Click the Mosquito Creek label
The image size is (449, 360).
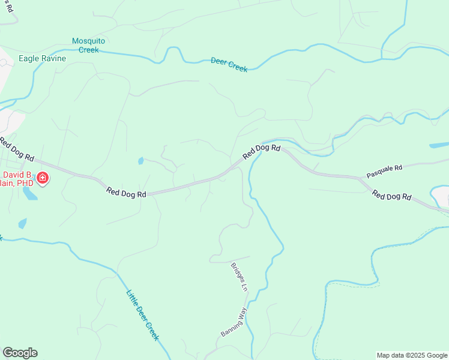point(88,45)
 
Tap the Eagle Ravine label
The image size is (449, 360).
point(42,59)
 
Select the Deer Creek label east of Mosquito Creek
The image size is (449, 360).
point(229,65)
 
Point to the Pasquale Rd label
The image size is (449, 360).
point(384,173)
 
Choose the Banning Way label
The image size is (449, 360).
point(234,322)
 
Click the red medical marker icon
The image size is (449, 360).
point(43,178)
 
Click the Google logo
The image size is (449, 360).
point(20,353)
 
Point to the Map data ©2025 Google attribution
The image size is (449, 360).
point(412,355)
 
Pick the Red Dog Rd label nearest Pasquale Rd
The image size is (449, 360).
point(391,196)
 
